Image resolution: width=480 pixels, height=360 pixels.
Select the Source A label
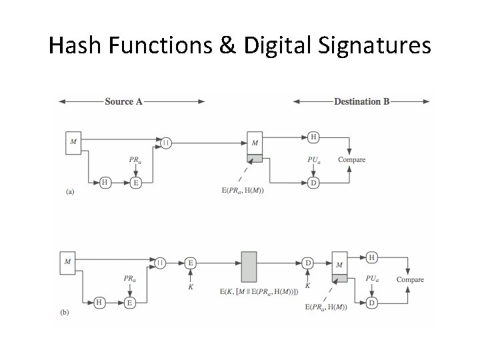point(123,102)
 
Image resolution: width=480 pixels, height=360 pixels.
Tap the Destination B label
point(362,102)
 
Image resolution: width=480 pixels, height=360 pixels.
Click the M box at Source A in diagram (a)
point(73,141)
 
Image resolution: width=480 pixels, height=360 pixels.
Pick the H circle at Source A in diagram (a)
point(105,182)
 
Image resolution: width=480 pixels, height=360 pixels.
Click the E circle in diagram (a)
point(136,182)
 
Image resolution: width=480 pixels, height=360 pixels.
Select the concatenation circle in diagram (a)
point(166,141)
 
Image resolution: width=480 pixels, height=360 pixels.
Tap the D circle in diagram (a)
point(313,182)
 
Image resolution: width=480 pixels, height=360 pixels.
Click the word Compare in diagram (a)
point(351,159)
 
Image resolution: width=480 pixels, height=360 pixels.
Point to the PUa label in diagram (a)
point(312,159)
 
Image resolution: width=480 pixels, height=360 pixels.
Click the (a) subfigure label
point(70,191)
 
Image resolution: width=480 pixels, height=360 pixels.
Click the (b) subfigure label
point(65,311)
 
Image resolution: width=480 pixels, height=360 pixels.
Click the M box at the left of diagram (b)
point(67,261)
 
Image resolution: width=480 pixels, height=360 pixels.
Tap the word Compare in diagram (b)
point(410,279)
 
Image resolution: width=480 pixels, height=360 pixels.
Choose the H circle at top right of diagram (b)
point(372,257)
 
